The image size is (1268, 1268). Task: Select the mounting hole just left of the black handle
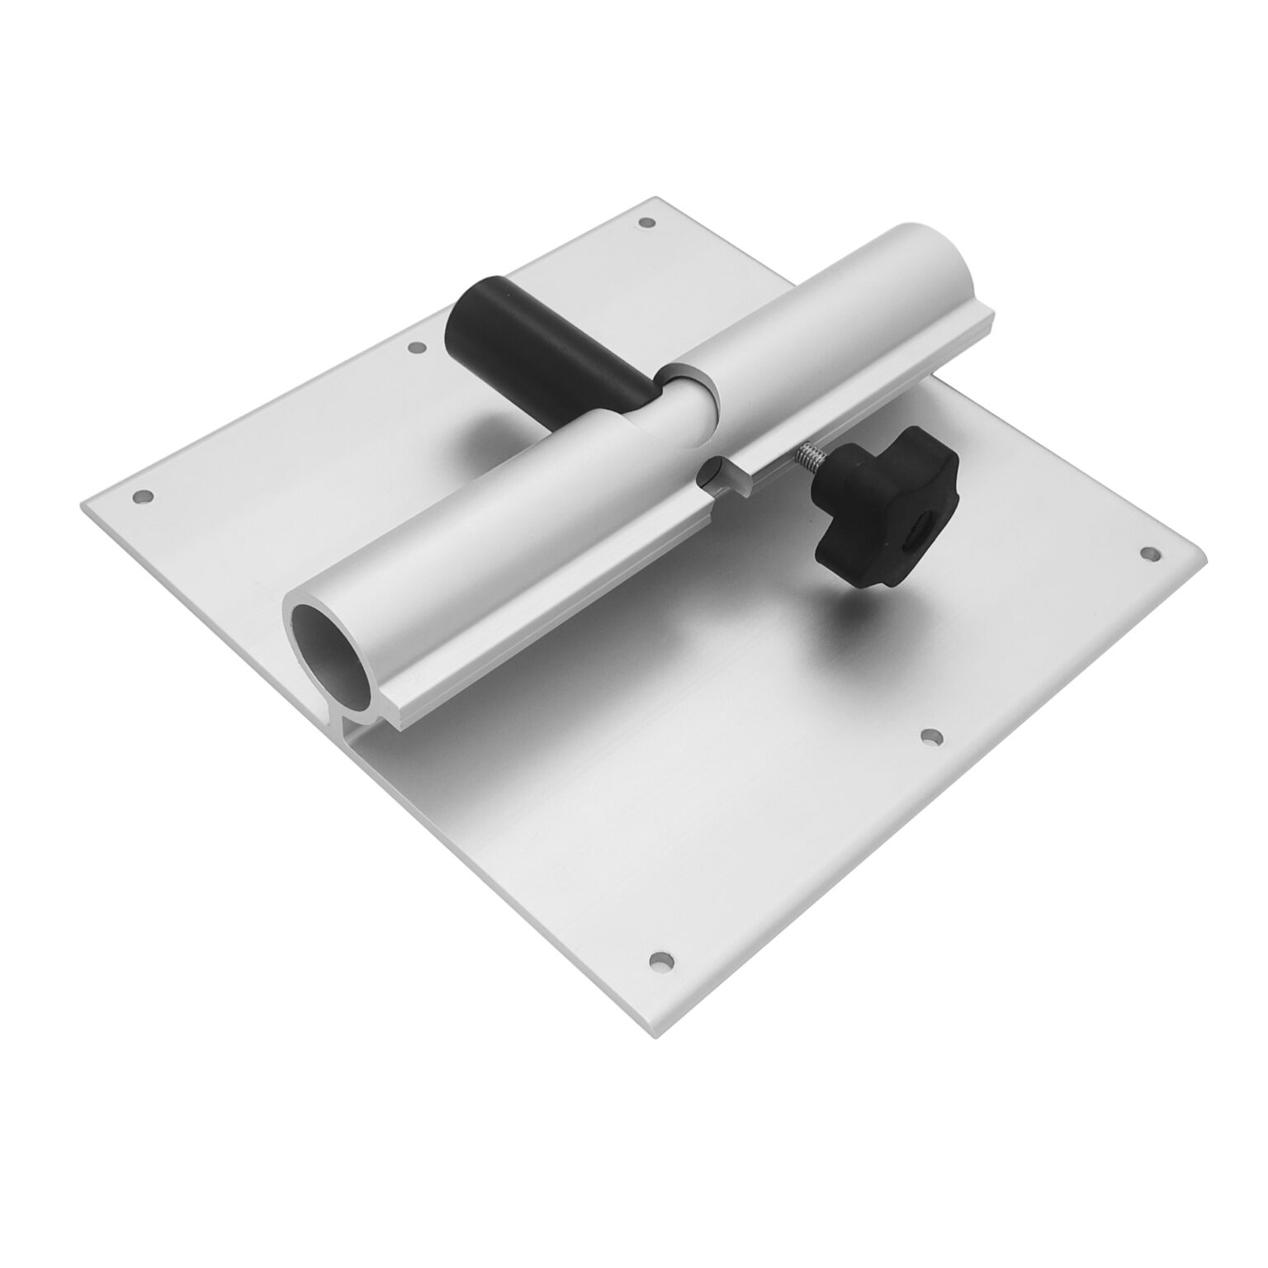point(416,349)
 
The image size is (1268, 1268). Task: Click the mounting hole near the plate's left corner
point(143,498)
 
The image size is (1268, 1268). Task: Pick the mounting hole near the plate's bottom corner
point(660,960)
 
